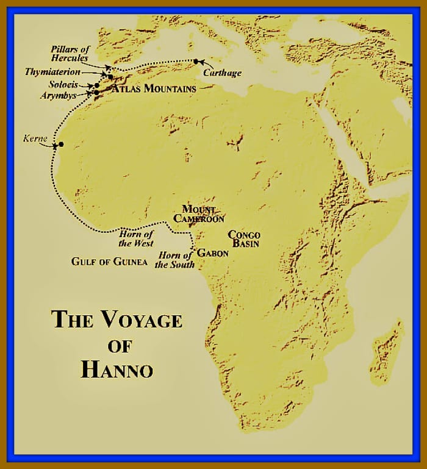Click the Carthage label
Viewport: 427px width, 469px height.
(223, 73)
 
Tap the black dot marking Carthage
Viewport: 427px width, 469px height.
(196, 61)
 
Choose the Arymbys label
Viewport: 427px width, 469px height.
(59, 96)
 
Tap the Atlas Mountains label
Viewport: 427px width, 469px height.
(154, 89)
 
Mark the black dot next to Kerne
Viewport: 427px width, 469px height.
(61, 145)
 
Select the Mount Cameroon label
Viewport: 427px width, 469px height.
(199, 214)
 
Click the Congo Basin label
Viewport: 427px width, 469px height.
(244, 239)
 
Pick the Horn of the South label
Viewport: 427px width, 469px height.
(175, 260)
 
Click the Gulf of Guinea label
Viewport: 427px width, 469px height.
(109, 262)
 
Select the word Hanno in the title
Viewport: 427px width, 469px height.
(117, 369)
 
